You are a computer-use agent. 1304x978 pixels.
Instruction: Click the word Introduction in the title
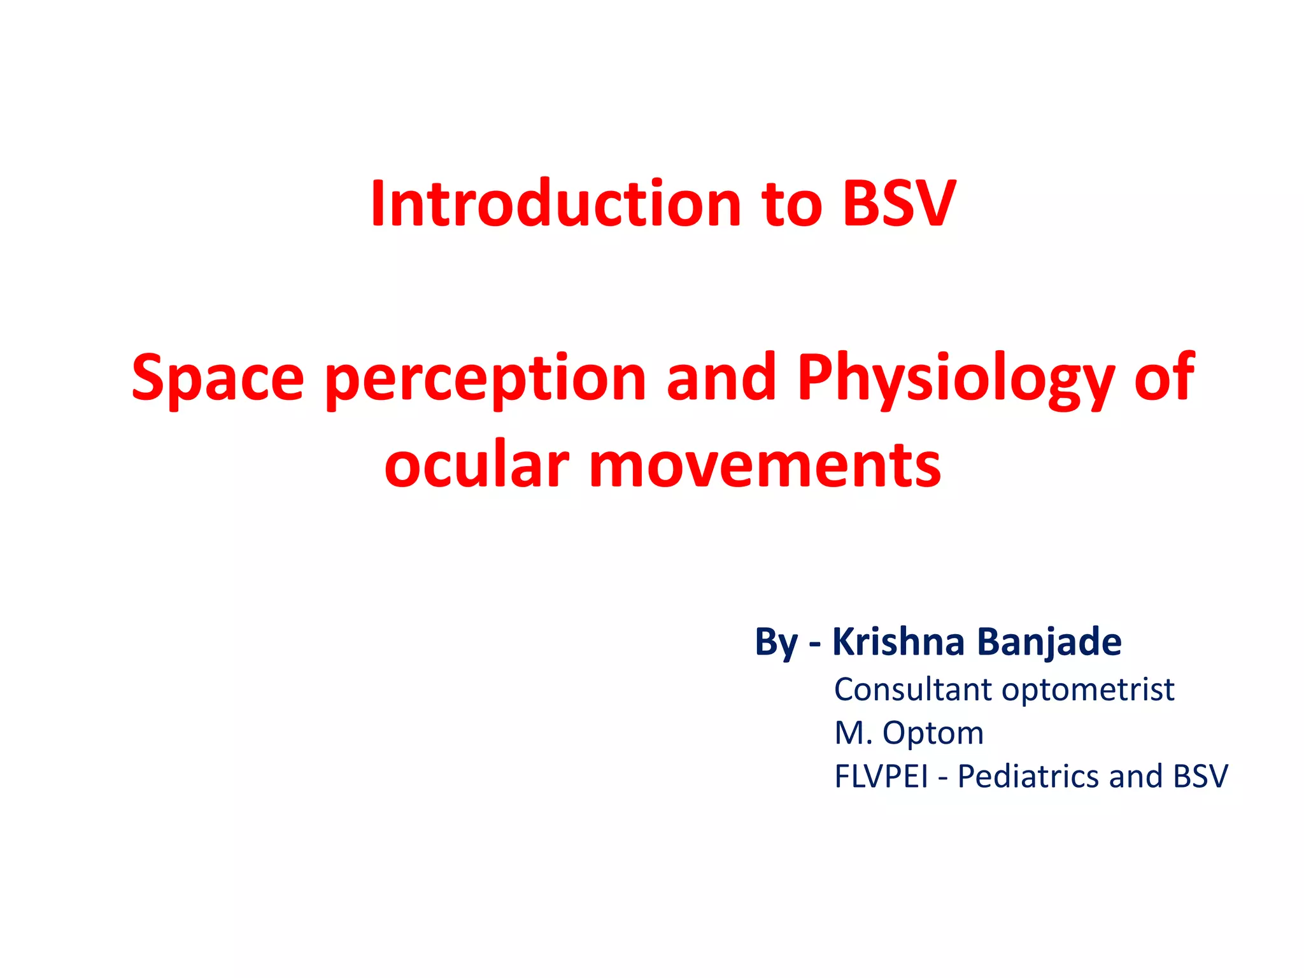coord(556,203)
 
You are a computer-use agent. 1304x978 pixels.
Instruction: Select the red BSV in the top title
coord(898,203)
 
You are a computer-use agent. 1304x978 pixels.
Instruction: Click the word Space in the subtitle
coord(218,378)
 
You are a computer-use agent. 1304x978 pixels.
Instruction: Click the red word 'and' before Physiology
coord(721,378)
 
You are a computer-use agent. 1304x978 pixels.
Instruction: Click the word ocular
coord(476,464)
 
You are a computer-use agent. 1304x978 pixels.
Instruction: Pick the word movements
coord(765,465)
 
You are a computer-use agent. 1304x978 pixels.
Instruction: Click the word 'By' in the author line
coord(776,642)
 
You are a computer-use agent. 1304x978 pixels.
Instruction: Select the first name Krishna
coord(898,641)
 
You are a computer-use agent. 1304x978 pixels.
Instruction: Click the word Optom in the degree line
coord(933,733)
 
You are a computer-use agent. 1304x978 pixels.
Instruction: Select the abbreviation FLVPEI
coord(881,777)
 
